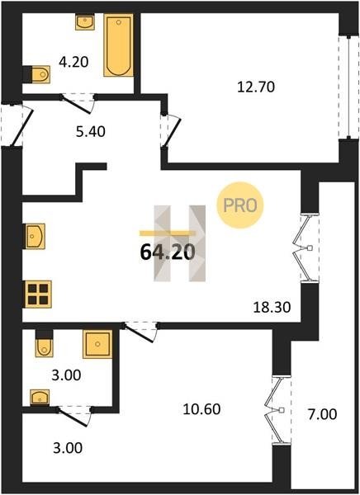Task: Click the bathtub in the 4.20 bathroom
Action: (118, 45)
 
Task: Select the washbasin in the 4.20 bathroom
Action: (85, 22)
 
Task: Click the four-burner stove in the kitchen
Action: (38, 295)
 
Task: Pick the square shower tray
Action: (97, 344)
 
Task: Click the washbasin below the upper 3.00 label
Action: (40, 397)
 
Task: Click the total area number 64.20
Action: (167, 252)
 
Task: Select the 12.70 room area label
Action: (256, 87)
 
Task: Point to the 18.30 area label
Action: (272, 307)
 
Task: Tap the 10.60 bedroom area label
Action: (201, 409)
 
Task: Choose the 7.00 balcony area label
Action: (323, 414)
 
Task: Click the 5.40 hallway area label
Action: (90, 132)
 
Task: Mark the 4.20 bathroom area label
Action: (73, 62)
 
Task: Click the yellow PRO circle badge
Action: (240, 205)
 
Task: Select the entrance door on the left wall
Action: (17, 125)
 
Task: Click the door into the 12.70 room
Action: (170, 130)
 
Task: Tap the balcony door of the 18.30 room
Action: (306, 247)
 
